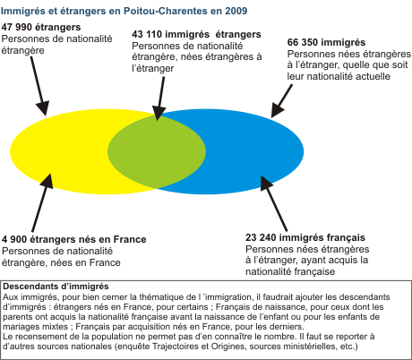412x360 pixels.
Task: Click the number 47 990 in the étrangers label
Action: (16, 27)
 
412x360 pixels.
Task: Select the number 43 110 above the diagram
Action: (147, 34)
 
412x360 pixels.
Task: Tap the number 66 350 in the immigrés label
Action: (303, 42)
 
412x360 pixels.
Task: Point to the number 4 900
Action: (14, 239)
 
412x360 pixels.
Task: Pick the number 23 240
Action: (261, 237)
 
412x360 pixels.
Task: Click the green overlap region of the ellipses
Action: (157, 151)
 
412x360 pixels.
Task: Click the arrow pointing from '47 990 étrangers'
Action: (39, 86)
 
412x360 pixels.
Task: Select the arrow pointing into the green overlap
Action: (160, 99)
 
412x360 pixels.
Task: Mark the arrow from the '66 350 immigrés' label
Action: (281, 101)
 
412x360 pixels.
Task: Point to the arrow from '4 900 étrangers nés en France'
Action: (42, 202)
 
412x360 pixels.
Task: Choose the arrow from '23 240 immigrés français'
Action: (274, 203)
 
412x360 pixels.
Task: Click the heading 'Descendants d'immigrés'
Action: (56, 287)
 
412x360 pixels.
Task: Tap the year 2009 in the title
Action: (236, 11)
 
